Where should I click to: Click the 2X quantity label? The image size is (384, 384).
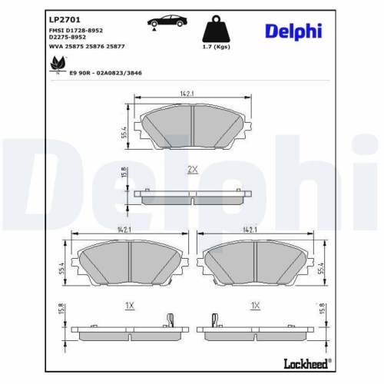pos(193,168)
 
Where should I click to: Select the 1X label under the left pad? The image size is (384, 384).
pos(130,305)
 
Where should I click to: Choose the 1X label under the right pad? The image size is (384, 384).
pos(254,305)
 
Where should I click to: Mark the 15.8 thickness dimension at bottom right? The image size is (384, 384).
pos(321,310)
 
